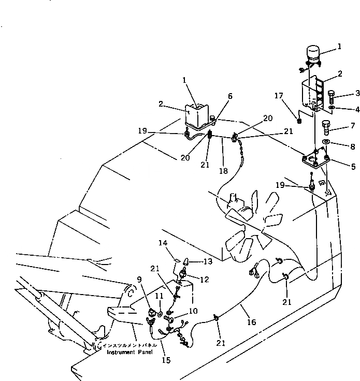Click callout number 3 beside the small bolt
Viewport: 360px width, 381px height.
[342, 93]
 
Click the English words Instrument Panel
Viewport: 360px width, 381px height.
[129, 353]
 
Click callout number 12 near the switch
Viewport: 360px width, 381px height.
[204, 280]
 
